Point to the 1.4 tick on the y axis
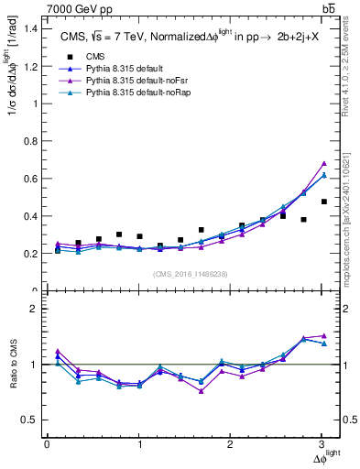click(x=31, y=28)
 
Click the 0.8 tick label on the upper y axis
click(x=31, y=141)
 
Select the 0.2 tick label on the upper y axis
click(x=31, y=254)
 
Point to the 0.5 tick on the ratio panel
click(x=31, y=420)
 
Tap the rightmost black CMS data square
click(x=324, y=202)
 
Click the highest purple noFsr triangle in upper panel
click(x=324, y=164)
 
